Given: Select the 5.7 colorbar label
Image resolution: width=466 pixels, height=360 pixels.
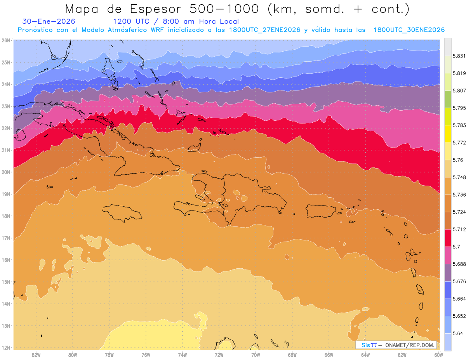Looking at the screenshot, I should pos(456,246).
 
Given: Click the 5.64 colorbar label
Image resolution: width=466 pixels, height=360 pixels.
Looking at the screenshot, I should pos(458,333).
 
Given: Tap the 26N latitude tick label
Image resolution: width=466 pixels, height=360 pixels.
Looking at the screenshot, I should pos(6,40).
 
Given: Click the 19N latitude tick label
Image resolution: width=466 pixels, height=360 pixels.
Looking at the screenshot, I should pos(6,194).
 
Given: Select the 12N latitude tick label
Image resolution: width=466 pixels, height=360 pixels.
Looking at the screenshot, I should pos(6,348).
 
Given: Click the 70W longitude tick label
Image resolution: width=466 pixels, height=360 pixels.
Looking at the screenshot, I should pos(256,355).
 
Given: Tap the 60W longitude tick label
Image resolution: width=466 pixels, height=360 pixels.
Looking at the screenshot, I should pos(439,355).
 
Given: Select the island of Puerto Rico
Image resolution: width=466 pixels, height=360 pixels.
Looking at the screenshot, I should pos(321,211).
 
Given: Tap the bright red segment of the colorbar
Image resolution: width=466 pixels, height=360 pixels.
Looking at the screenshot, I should pos(448,237).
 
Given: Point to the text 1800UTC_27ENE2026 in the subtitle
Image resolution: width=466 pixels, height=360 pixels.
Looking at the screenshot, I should pos(264,30).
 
